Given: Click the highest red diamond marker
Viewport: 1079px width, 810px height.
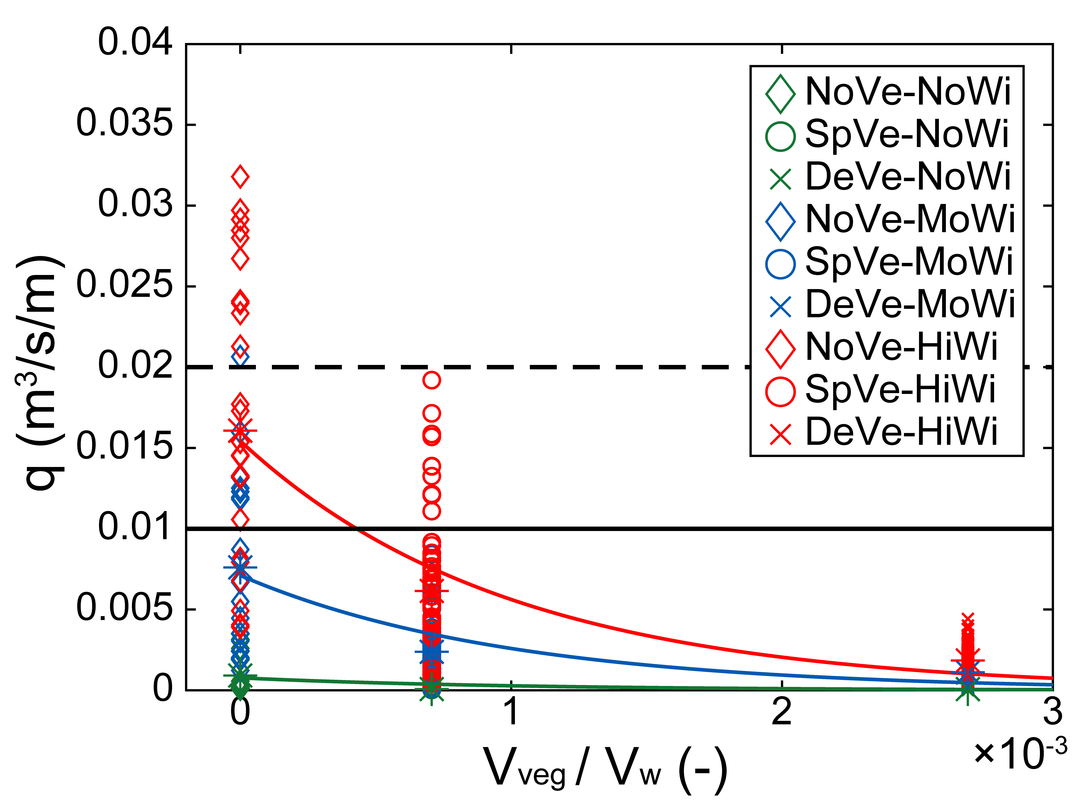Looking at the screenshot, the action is [240, 177].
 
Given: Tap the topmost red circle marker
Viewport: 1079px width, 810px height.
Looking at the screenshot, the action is [431, 380].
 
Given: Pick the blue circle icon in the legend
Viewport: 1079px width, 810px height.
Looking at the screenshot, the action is [781, 264].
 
